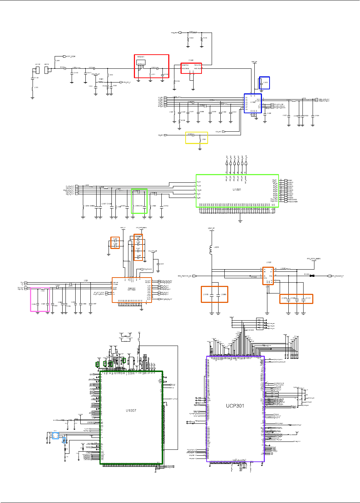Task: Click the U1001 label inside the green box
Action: [237, 189]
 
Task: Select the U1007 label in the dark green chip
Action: [131, 410]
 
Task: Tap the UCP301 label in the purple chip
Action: [235, 406]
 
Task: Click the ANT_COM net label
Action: [71, 56]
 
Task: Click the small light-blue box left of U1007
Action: [55, 435]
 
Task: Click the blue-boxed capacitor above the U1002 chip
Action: [264, 83]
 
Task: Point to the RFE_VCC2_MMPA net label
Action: [314, 259]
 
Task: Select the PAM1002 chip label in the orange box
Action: [131, 289]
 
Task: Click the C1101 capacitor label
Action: [308, 298]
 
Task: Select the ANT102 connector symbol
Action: [38, 69]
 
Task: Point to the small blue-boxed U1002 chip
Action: [253, 103]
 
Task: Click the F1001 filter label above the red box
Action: [191, 60]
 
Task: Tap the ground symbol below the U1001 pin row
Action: [240, 220]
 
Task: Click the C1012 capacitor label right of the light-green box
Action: [166, 206]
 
